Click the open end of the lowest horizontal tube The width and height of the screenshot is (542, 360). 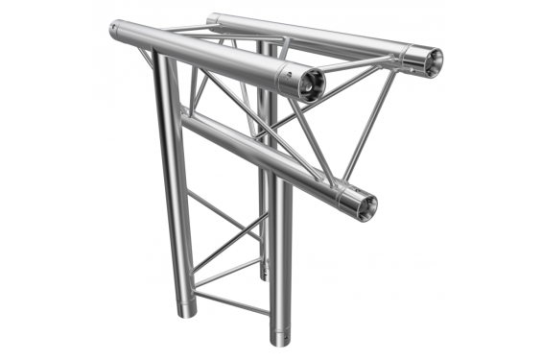[x=365, y=205]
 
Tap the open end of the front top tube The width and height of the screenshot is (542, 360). [x=311, y=86]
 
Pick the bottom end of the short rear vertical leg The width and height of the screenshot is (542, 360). [x=264, y=276]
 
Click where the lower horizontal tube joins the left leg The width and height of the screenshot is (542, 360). [x=184, y=120]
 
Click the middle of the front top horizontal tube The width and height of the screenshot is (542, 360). [x=206, y=55]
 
